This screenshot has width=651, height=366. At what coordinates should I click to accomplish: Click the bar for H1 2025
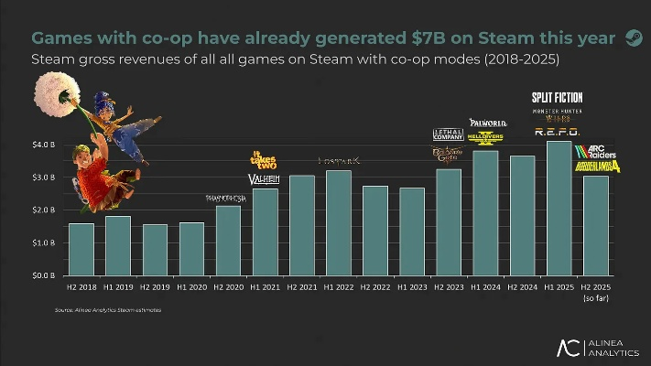(x=558, y=208)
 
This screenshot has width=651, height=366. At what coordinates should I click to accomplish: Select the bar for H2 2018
(x=81, y=249)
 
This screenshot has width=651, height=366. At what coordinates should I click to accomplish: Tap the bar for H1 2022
(x=338, y=222)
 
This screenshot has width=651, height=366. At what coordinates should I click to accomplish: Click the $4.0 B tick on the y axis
(x=43, y=145)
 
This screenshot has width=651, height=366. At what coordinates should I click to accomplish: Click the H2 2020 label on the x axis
(x=228, y=287)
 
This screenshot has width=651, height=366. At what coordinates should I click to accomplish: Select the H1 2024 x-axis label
(x=484, y=287)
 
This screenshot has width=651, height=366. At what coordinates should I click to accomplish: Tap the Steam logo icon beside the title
(x=633, y=38)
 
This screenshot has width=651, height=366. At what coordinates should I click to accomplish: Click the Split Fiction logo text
(x=557, y=97)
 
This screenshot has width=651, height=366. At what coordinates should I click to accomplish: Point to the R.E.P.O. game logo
(x=557, y=132)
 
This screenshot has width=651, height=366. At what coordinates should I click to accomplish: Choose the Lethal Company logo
(x=447, y=135)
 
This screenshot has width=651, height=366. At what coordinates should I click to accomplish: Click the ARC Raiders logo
(x=595, y=150)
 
